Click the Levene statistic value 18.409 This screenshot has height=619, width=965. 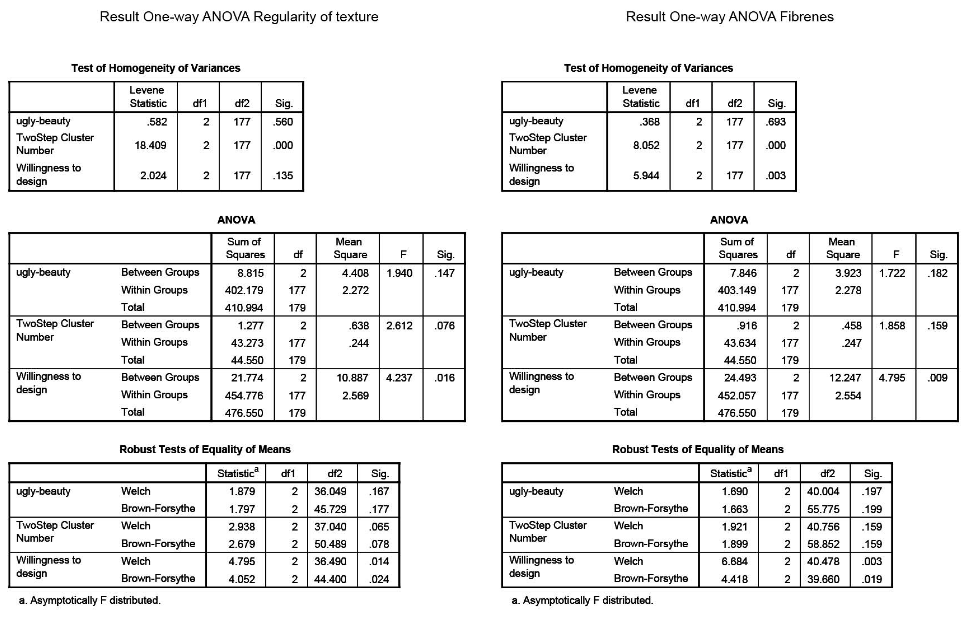click(x=150, y=145)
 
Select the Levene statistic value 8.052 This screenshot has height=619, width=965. click(x=646, y=145)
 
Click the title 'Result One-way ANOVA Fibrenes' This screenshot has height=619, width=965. click(x=729, y=17)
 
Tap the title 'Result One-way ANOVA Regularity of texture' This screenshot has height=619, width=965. click(x=239, y=17)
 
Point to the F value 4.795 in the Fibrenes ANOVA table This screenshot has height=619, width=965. click(x=891, y=378)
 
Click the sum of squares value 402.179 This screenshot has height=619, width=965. click(x=244, y=290)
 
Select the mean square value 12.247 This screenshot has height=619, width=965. click(x=845, y=378)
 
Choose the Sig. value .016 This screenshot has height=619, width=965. click(x=444, y=378)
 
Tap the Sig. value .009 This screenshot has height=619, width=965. click(x=937, y=378)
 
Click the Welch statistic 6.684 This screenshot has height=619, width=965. click(x=734, y=561)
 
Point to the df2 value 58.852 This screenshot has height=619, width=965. click(x=823, y=544)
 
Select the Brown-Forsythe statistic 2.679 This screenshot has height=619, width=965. click(x=242, y=544)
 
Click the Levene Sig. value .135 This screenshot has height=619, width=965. click(x=283, y=176)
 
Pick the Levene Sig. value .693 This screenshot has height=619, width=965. click(x=776, y=122)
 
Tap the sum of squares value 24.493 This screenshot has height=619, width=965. click(x=740, y=378)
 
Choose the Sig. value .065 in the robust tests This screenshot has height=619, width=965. click(x=379, y=527)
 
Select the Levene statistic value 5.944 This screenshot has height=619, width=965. click(x=646, y=176)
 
